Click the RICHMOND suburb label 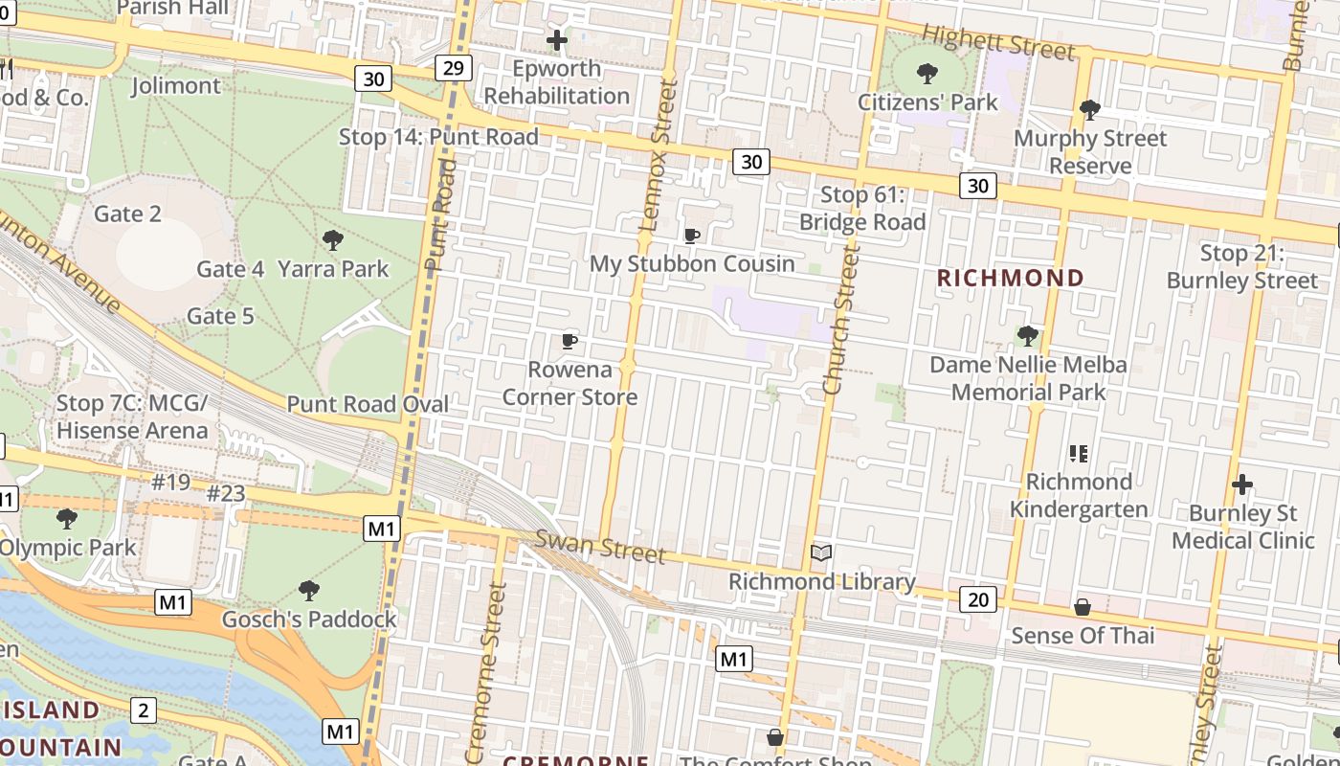click(1010, 279)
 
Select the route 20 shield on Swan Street click(978, 599)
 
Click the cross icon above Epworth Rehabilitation click(556, 40)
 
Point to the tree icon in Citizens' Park click(927, 73)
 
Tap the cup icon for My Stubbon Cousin click(691, 236)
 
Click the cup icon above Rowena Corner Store click(569, 341)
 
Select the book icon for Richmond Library click(821, 552)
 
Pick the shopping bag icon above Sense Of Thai click(1082, 607)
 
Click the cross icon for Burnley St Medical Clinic click(1242, 484)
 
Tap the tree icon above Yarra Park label click(333, 239)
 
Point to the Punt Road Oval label click(368, 404)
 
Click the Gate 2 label click(127, 214)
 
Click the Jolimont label click(175, 86)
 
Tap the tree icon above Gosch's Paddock click(308, 590)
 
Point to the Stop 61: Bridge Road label click(862, 209)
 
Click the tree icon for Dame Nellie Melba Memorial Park click(1027, 335)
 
